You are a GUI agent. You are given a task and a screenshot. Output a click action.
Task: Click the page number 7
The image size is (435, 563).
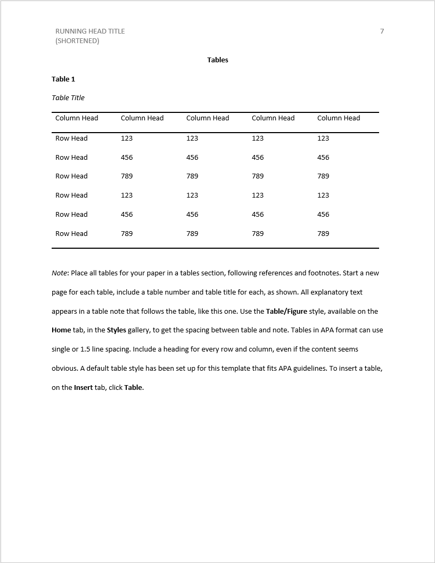(382, 31)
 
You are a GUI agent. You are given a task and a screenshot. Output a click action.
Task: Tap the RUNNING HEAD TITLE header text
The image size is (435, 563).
(90, 31)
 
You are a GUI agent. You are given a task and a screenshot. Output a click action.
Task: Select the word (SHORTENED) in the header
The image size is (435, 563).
(77, 41)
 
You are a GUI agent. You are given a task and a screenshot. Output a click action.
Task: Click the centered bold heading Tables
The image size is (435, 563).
(218, 60)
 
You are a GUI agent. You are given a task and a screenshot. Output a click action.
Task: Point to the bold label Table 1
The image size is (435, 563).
(63, 79)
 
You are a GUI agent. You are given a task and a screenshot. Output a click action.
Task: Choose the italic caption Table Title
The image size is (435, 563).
(68, 98)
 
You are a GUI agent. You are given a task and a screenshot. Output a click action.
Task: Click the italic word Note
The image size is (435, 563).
(60, 273)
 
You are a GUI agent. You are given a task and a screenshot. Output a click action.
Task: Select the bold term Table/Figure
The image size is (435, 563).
(286, 312)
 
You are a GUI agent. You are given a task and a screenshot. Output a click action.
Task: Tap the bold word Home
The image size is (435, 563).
(61, 330)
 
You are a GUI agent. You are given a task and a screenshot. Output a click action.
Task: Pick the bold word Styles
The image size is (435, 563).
(117, 330)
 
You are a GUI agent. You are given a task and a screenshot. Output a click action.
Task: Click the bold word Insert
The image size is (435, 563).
(84, 388)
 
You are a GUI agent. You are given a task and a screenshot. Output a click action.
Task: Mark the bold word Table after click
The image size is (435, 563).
(133, 388)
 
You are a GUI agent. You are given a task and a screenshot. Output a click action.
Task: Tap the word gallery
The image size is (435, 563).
(139, 330)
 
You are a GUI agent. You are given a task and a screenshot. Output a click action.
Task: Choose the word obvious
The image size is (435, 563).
(64, 369)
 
